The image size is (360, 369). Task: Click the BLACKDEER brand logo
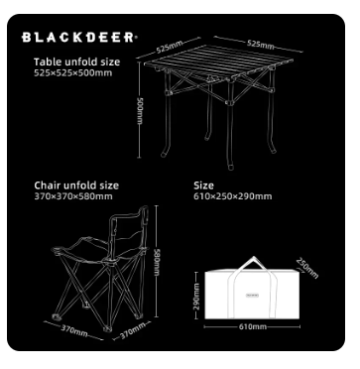(x=78, y=39)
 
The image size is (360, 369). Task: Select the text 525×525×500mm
(x=73, y=72)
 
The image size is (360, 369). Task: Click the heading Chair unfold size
(x=76, y=184)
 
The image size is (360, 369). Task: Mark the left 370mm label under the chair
(x=74, y=326)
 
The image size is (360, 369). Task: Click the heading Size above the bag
(x=203, y=184)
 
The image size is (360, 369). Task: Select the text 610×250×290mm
(x=232, y=195)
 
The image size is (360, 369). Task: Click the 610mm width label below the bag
(x=253, y=324)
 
